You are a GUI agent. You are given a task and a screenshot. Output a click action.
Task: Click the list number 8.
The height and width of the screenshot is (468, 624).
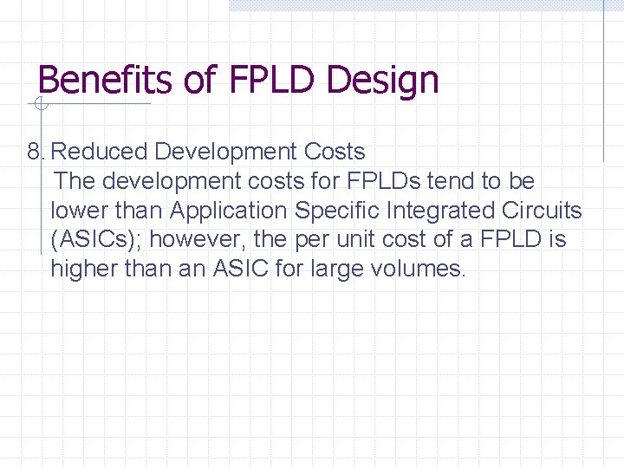coord(35,152)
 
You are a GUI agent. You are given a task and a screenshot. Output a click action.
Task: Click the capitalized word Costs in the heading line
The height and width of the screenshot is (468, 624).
coord(335,152)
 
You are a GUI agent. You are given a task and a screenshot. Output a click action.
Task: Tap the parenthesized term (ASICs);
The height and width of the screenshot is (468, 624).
coord(97,240)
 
